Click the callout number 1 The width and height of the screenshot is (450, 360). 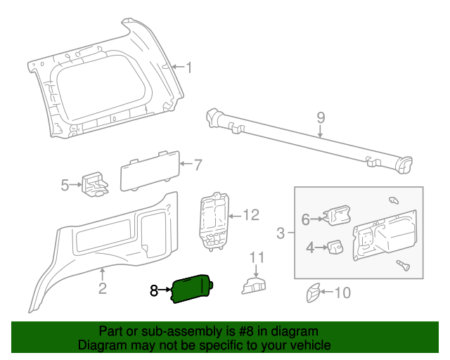point(189,67)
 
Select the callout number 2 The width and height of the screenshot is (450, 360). point(102,288)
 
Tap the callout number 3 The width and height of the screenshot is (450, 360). point(281,233)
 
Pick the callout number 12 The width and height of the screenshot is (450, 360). point(251,214)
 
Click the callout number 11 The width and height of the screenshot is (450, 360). point(257,257)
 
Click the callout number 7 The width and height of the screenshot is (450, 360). point(198,166)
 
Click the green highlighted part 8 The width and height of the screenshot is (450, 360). point(192,289)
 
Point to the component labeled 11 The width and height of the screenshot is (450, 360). point(255,284)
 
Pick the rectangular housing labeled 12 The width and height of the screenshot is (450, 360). point(214,220)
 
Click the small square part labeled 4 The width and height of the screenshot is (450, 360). point(334,247)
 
